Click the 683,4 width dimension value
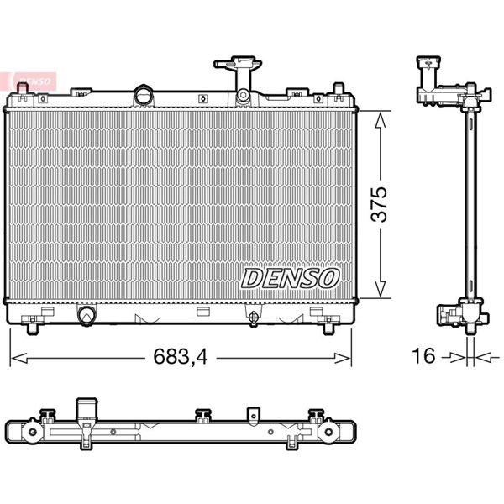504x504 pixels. coord(181,356)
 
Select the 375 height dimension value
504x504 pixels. coord(379,204)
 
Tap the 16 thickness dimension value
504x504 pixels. coord(423,356)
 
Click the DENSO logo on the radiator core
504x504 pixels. coord(290,278)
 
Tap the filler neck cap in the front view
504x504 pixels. coord(238,64)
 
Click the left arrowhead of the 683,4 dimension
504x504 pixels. coord(19,358)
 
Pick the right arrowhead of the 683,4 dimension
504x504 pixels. coord(343,358)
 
